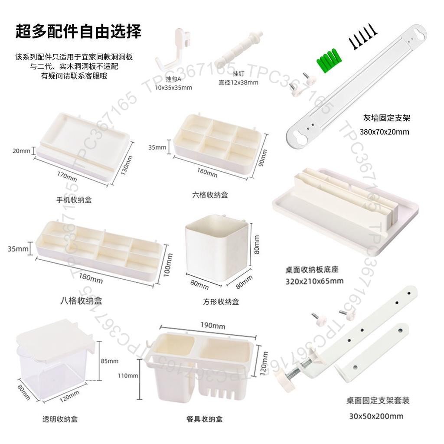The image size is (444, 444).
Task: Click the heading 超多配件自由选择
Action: pyautogui.click(x=78, y=31)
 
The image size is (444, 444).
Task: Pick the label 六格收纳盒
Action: pyautogui.click(x=210, y=195)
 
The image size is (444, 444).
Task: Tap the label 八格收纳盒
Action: pyautogui.click(x=81, y=300)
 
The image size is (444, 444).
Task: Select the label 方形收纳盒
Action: pyautogui.click(x=221, y=302)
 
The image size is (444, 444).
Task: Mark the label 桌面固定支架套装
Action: pyautogui.click(x=378, y=401)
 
